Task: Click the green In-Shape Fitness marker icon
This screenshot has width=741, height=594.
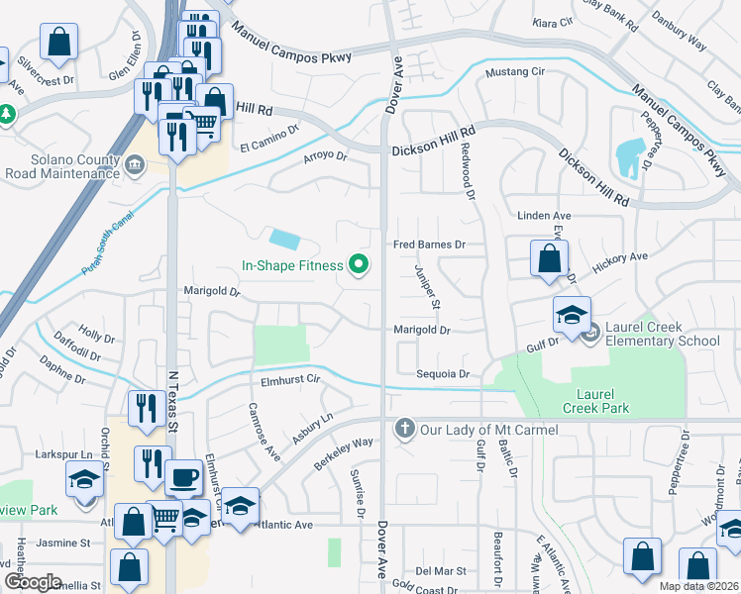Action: pyautogui.click(x=360, y=264)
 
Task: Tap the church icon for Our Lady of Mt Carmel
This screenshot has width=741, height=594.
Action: pyautogui.click(x=403, y=429)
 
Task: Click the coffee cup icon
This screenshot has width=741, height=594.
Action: pyautogui.click(x=183, y=478)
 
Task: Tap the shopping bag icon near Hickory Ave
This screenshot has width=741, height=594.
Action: pyautogui.click(x=549, y=259)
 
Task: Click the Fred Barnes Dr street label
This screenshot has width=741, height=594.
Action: pyautogui.click(x=429, y=244)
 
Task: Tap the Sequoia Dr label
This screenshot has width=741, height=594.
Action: pyautogui.click(x=444, y=375)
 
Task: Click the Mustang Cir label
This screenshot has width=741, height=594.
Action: pyautogui.click(x=514, y=73)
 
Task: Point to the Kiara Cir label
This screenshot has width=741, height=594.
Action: pyautogui.click(x=553, y=22)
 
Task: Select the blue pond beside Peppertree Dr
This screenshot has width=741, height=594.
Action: pyautogui.click(x=628, y=155)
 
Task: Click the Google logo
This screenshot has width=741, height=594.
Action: pyautogui.click(x=32, y=582)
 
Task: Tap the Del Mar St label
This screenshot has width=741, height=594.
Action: pyautogui.click(x=440, y=571)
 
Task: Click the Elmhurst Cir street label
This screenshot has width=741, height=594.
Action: pyautogui.click(x=287, y=378)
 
